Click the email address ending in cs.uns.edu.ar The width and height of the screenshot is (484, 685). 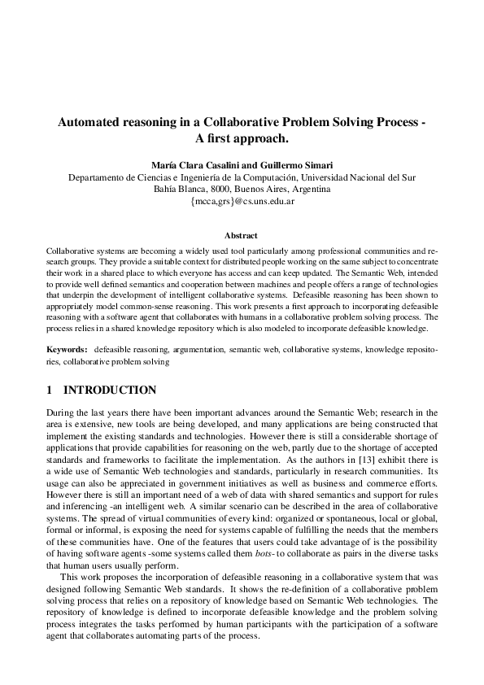pyautogui.click(x=242, y=200)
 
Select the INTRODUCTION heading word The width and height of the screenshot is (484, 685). pyautogui.click(x=110, y=390)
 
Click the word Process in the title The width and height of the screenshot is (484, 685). pyautogui.click(x=391, y=123)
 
